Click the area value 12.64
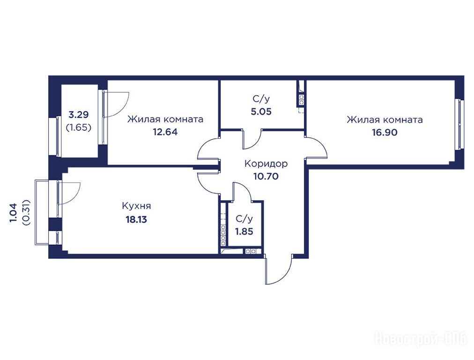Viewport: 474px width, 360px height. tap(165, 132)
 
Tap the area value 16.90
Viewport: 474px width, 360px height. tap(385, 133)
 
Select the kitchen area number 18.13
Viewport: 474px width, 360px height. tap(136, 219)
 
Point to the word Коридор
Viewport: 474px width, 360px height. tap(266, 164)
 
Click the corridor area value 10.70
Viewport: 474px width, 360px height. tap(266, 176)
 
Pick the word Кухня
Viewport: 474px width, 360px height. tap(136, 206)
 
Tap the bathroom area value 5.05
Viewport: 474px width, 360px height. tap(261, 112)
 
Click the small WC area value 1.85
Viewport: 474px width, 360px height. tap(244, 232)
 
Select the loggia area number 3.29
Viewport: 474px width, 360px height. tap(79, 115)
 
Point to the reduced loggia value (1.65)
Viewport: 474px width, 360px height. tap(79, 127)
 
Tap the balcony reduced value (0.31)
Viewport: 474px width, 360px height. tap(26, 212)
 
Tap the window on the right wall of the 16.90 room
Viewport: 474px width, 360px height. tap(460, 124)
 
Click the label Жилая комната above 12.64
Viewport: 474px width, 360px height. tap(165, 119)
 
